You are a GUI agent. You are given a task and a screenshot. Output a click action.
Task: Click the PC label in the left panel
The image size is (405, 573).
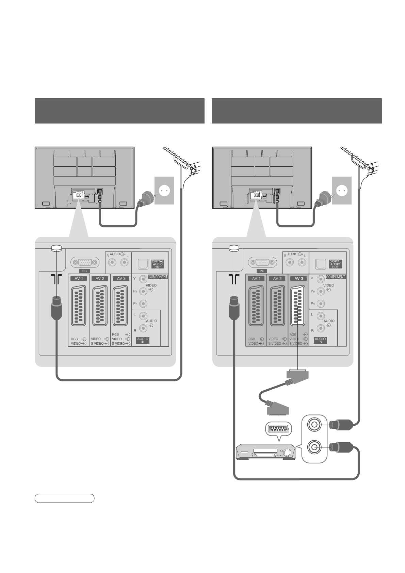[84, 271]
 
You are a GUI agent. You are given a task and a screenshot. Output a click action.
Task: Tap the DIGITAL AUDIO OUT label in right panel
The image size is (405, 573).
[335, 264]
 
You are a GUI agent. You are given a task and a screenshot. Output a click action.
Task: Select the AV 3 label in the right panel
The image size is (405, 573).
[299, 278]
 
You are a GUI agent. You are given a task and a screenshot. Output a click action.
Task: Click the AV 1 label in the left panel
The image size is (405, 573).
[79, 278]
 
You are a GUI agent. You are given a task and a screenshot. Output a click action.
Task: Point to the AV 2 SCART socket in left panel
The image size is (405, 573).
[100, 306]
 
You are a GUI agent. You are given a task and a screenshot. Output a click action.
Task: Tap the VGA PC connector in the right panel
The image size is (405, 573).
[262, 262]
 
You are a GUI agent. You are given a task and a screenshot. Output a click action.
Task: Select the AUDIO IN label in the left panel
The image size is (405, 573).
[143, 340]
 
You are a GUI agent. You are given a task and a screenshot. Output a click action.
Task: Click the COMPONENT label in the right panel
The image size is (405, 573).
[336, 277]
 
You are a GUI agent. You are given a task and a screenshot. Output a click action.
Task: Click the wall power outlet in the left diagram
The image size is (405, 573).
[164, 191]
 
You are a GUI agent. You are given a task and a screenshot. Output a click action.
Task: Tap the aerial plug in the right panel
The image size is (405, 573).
[233, 307]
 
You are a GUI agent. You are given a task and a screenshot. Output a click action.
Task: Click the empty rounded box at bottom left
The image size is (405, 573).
[64, 498]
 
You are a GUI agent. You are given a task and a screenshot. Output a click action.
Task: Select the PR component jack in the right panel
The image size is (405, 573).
[321, 304]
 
